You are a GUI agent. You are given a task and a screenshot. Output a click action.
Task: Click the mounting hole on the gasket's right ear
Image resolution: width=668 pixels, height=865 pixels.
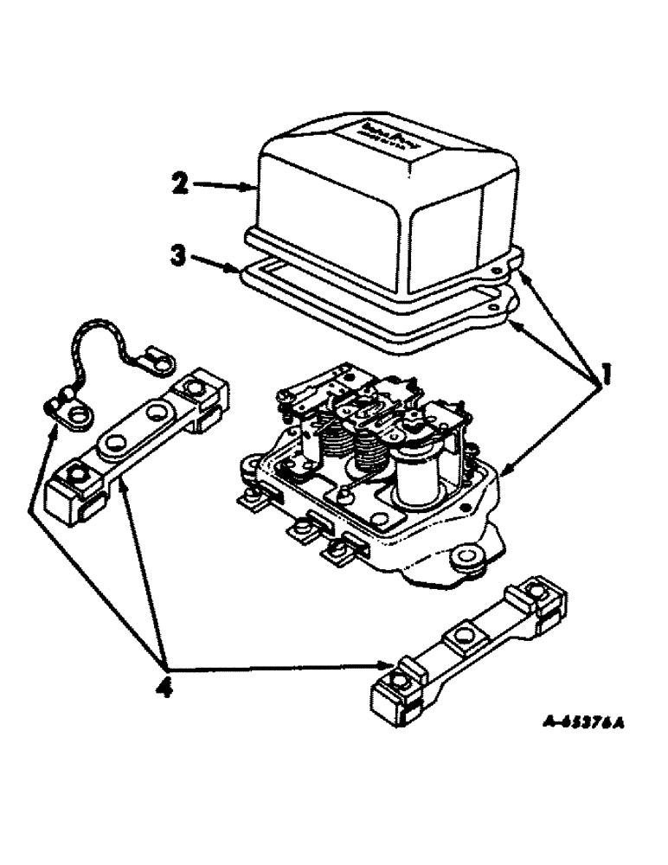(498, 306)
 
